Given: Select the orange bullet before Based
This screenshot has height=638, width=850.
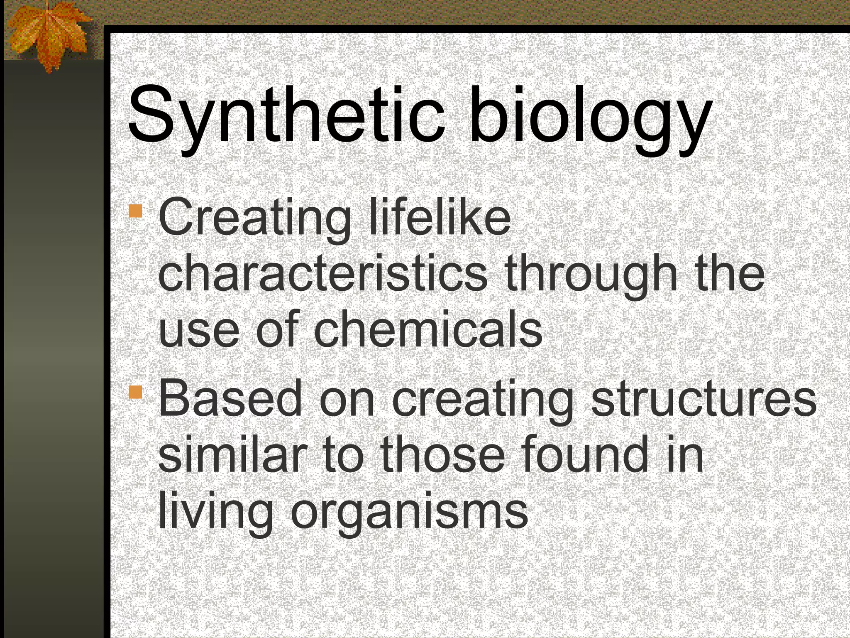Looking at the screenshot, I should click(135, 391).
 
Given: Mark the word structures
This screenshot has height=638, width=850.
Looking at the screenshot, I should click(703, 399).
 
